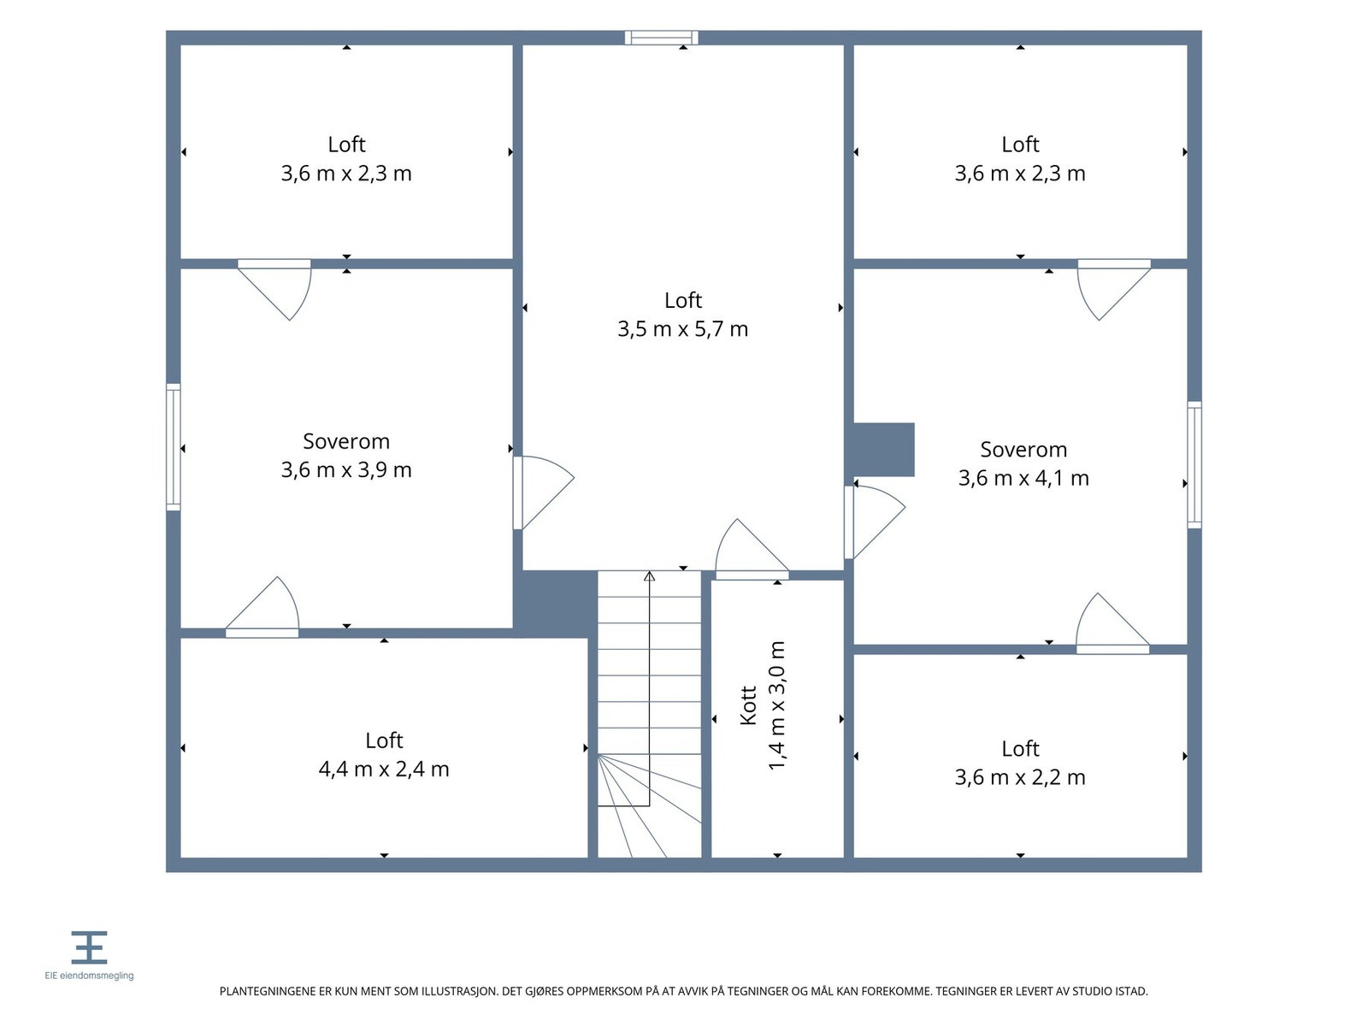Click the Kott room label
coord(748,705)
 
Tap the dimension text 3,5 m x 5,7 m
coord(682,329)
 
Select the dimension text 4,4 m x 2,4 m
coord(384,769)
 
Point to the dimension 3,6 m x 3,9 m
coord(346,469)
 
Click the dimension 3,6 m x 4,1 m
coord(1023,479)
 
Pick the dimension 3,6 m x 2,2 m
coord(1020,777)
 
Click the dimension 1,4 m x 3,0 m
coord(777,705)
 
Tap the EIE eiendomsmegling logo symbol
coord(89,946)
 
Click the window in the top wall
coord(661,38)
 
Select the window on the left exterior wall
coord(174,447)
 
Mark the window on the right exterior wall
coord(1194,465)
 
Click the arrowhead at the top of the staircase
coord(649,576)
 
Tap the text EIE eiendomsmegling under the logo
coord(89,976)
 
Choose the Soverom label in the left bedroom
coord(346,442)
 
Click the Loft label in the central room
coord(683,301)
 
